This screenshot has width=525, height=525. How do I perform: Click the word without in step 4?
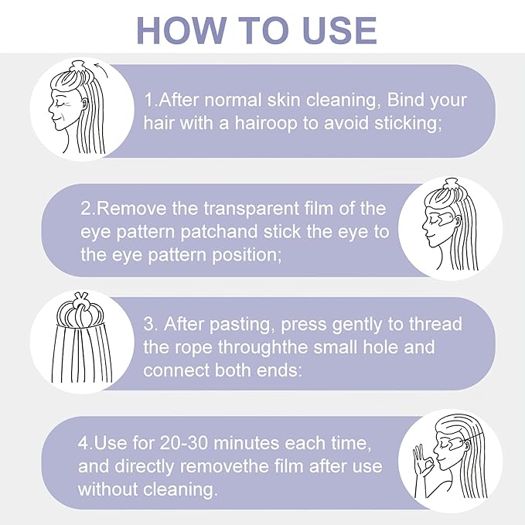coord(106,489)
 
